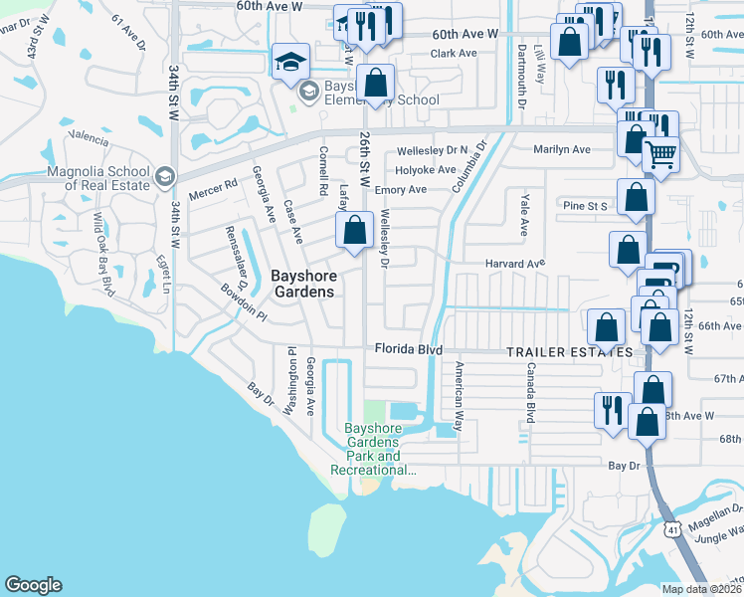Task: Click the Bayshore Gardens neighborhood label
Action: click(303, 283)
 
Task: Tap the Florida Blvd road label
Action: click(408, 348)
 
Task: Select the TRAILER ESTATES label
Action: click(569, 353)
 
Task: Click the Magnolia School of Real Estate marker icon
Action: click(164, 175)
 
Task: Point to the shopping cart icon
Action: click(660, 154)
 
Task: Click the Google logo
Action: click(33, 585)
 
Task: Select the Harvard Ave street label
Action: click(515, 264)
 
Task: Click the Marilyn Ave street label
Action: click(562, 149)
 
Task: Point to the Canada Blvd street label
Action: click(531, 392)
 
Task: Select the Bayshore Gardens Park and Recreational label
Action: click(371, 449)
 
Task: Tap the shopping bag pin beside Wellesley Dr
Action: click(355, 231)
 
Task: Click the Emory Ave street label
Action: click(402, 189)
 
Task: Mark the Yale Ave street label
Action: click(523, 215)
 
